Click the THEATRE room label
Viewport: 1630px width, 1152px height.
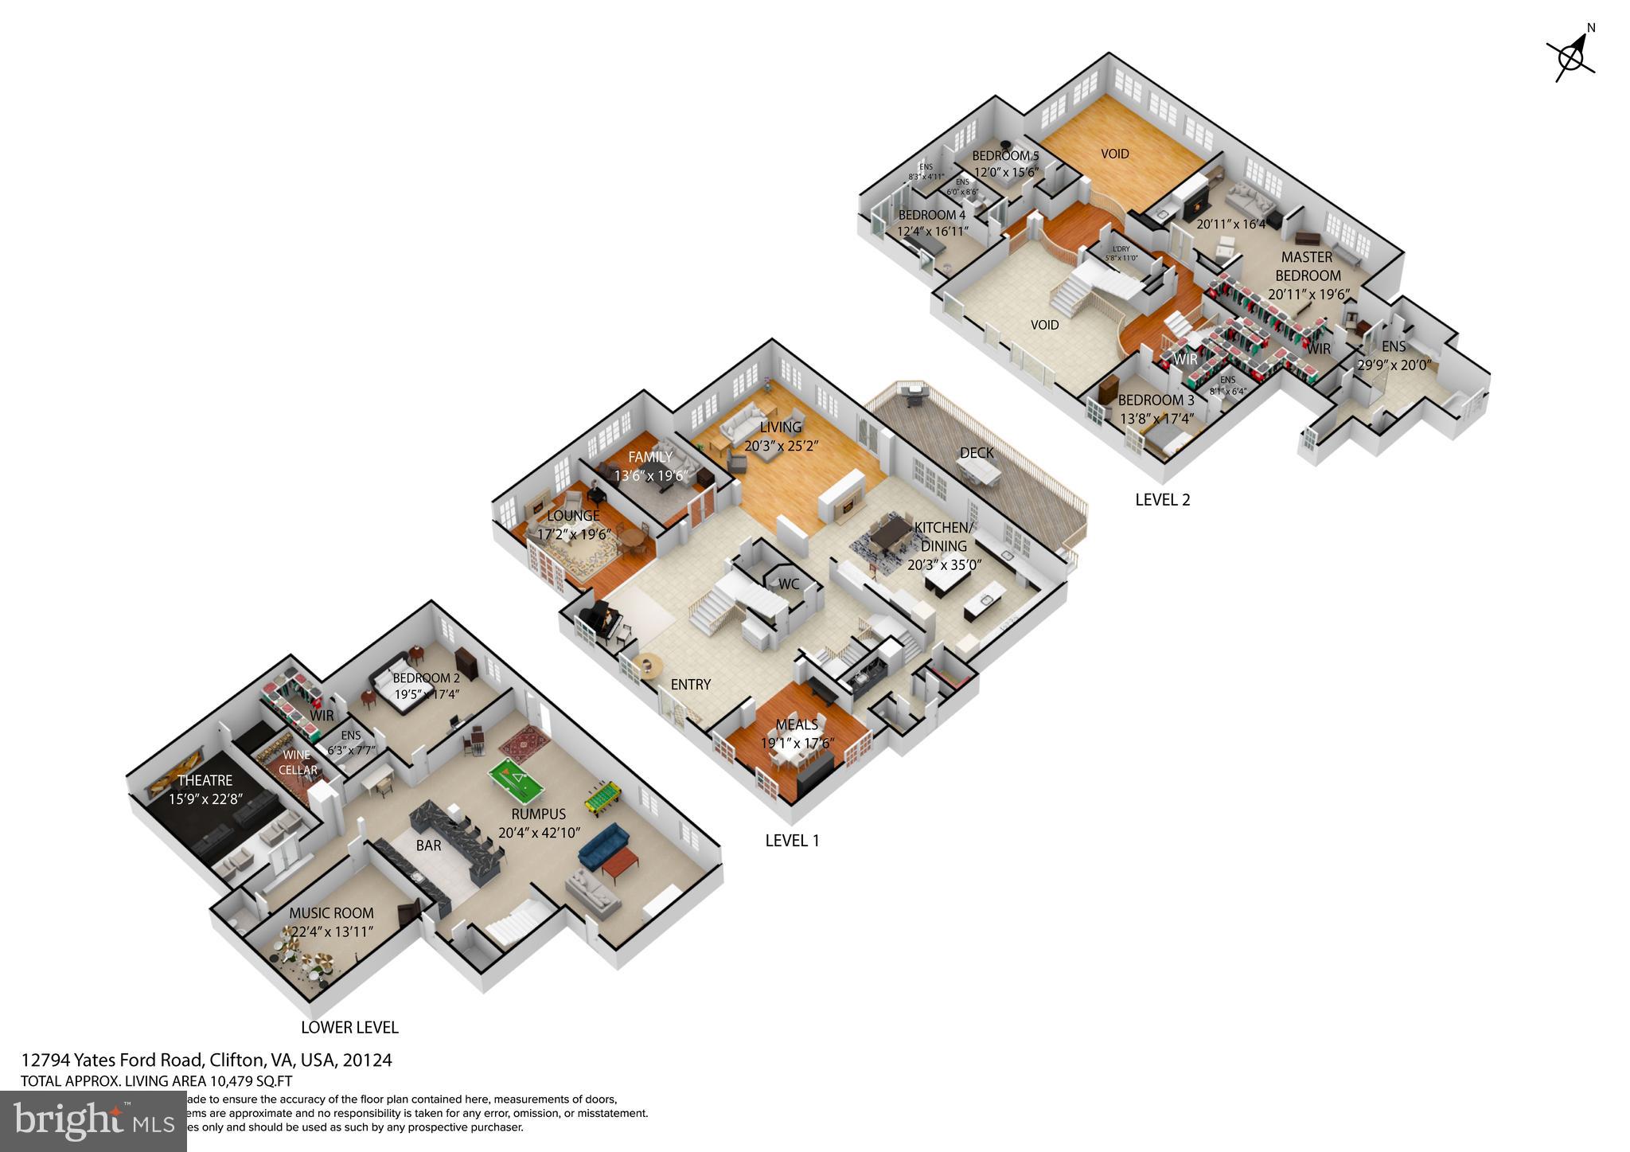coord(205,780)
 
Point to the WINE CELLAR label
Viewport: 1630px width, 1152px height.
coord(298,763)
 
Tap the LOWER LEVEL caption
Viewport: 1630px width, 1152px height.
coord(349,1027)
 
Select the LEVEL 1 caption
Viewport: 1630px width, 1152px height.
coord(792,840)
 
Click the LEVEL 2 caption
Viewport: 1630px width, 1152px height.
coord(1162,499)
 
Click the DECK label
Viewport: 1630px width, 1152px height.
coord(976,453)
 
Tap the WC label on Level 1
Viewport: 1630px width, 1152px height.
coord(788,584)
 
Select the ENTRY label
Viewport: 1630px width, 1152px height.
coord(690,684)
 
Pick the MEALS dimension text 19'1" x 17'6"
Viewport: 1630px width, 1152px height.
coord(797,743)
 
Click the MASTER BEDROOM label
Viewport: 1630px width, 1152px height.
coord(1308,266)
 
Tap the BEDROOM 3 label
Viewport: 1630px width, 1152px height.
coord(1156,400)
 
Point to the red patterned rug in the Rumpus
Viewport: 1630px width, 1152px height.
coord(524,744)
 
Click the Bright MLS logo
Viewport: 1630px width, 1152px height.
coord(93,1121)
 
